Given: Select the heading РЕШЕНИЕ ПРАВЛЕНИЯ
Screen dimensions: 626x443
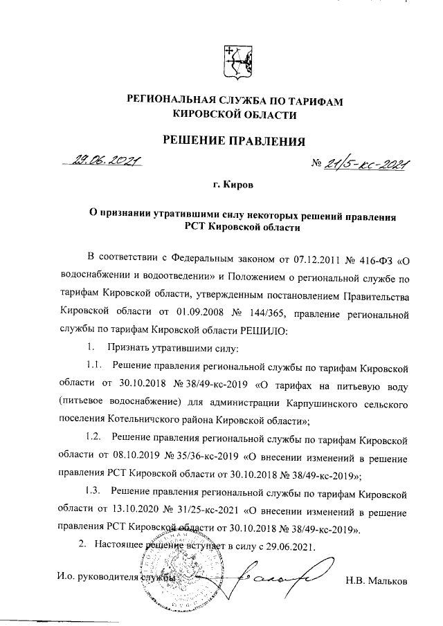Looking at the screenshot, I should pos(233,142).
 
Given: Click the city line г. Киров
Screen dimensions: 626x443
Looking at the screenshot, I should pos(233,186).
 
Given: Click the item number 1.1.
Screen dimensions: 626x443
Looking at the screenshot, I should pos(94,365).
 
